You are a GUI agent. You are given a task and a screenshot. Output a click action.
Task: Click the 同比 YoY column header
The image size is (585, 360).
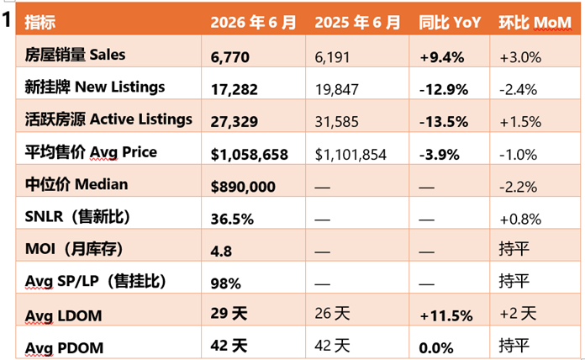pos(450,23)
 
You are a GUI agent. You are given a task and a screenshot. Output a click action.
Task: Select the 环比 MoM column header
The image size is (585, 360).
pos(535,23)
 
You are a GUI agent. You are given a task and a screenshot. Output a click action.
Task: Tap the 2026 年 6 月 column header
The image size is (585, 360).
pos(253,23)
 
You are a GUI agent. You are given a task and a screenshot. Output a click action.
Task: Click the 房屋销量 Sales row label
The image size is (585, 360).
pos(75,55)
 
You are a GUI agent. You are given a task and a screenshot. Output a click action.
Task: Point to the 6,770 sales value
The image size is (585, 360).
pos(229,57)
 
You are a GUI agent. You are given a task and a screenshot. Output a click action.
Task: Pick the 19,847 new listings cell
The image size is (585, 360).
pos(336,90)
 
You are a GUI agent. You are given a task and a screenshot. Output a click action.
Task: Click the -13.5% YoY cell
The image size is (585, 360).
pos(444,122)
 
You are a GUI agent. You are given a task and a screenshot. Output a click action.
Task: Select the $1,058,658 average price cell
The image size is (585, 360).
pos(250,155)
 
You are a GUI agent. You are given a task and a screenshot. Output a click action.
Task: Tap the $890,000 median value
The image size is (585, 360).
pos(243,187)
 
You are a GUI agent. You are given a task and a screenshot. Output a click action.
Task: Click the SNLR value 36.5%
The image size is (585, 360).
pos(232,220)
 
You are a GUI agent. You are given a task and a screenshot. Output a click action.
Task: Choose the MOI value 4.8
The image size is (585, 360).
pos(221,251)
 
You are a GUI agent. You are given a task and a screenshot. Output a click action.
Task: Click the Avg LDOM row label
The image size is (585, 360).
pos(63,316)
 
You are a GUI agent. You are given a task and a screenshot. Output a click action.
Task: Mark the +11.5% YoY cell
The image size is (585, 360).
pos(446,316)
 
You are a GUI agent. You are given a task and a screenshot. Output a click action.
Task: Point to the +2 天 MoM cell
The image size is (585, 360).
pos(518,314)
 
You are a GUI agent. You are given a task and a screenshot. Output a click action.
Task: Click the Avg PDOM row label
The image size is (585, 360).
pos(64,348)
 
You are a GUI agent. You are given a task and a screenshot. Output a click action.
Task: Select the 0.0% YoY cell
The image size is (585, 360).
pos(436,348)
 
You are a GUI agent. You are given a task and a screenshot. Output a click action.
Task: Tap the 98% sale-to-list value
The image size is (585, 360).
pos(226,283)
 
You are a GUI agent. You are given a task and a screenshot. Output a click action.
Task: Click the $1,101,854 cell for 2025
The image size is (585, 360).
pos(350,155)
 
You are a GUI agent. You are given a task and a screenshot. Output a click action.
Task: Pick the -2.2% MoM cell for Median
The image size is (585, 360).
pos(519,187)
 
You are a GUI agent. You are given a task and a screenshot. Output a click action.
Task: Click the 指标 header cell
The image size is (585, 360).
pos(40,23)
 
